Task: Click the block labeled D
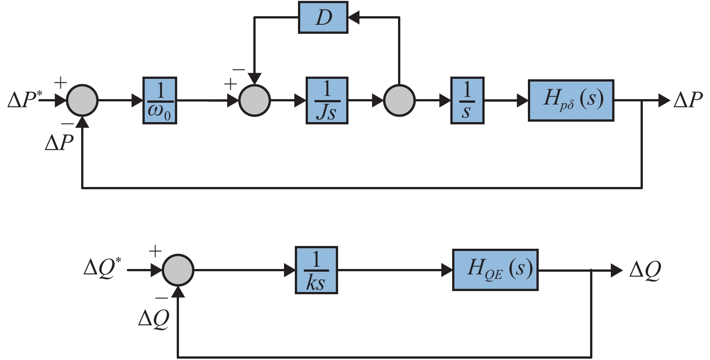323,18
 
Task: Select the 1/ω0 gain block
160,100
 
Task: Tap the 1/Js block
327,100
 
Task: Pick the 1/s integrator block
467,100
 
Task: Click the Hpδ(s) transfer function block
571,100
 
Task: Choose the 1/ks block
316,270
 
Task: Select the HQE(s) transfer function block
495,269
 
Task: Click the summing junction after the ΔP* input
82,100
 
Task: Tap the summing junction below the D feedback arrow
254,100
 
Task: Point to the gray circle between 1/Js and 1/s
399,100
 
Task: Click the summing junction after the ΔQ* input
178,270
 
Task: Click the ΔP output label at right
688,100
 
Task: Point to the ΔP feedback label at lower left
59,142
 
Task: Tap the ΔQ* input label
103,269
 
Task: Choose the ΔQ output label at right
645,270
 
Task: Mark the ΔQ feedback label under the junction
154,319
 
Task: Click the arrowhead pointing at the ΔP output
664,100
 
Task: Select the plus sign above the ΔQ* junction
155,251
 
